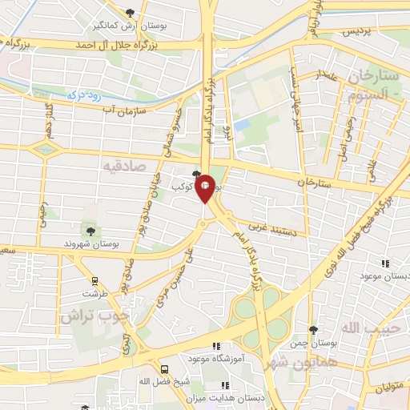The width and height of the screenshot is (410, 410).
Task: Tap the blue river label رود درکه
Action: (86, 95)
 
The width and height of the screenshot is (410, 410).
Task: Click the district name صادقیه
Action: (121, 165)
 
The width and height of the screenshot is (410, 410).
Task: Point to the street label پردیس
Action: (358, 32)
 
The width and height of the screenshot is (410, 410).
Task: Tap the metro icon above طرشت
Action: (95, 281)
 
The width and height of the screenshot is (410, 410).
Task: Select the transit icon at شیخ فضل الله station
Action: (164, 369)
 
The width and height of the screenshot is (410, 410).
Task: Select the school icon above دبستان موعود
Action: (384, 263)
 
